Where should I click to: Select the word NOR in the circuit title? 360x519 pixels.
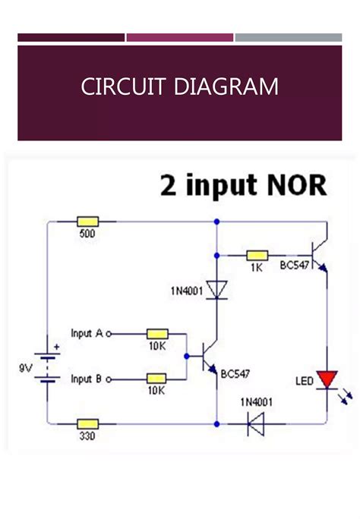point(302,185)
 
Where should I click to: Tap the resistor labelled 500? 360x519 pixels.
point(87,222)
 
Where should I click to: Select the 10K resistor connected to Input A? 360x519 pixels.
point(157,332)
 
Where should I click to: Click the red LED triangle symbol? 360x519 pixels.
point(327,378)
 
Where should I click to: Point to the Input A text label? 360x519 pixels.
point(87,333)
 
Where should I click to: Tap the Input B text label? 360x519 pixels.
point(87,378)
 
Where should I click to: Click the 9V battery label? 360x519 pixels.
point(27,368)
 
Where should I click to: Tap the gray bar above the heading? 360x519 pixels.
point(288,37)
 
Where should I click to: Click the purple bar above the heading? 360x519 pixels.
point(179,37)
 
